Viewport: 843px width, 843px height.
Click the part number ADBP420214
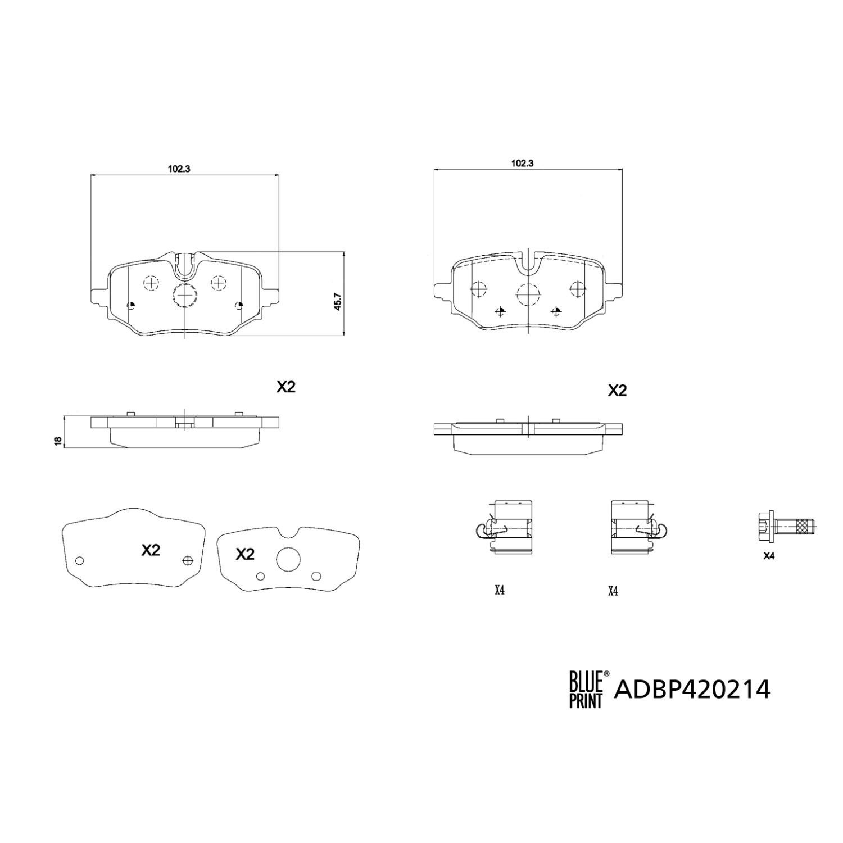(692, 689)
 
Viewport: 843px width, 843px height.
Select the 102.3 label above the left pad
(178, 167)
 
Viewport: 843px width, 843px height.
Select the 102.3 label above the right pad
(522, 163)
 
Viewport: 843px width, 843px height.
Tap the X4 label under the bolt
(769, 556)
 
